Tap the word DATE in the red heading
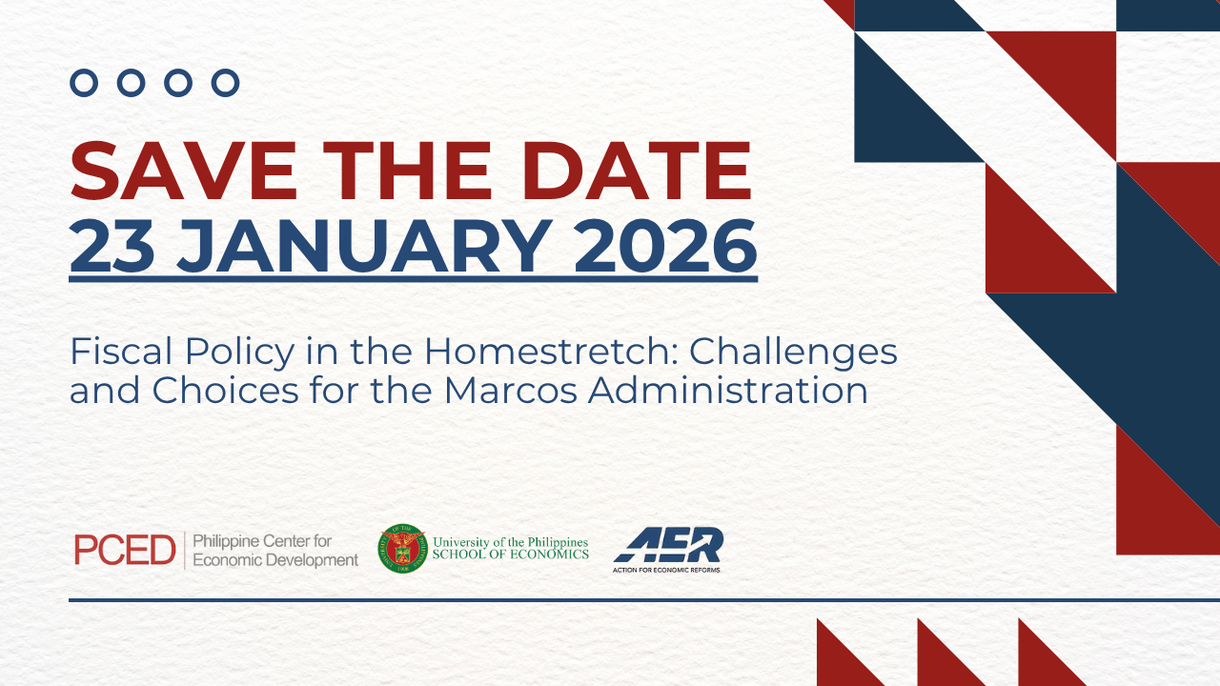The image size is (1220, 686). [x=636, y=171]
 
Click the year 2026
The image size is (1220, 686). [x=665, y=245]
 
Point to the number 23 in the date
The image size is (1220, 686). [x=112, y=245]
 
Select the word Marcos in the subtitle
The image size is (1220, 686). [x=510, y=391]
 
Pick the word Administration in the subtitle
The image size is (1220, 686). [x=727, y=391]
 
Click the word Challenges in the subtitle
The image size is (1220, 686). [x=793, y=353]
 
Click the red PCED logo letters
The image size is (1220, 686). [x=125, y=550]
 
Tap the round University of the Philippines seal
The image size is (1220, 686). [x=403, y=549]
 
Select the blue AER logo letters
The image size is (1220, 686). [x=669, y=544]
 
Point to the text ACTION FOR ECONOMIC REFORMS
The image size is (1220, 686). [x=666, y=570]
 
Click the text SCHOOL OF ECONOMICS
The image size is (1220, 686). [x=510, y=555]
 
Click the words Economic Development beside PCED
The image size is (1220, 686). [x=275, y=560]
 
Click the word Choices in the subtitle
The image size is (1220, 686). [x=226, y=391]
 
